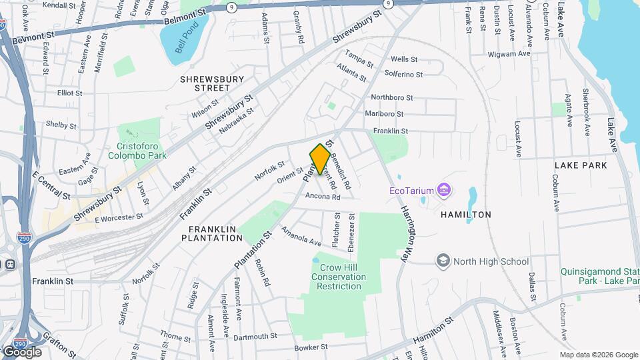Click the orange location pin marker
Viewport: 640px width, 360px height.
pos(320,159)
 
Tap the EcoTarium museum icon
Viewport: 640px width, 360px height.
pos(445,191)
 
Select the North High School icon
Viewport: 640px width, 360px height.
pos(443,261)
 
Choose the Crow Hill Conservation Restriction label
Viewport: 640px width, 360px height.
pos(340,277)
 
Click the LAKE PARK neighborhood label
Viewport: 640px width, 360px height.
pos(581,165)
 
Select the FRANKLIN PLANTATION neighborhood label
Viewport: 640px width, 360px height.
pos(211,233)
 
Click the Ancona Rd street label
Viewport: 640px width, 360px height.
pos(323,197)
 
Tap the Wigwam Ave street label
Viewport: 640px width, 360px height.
pos(509,54)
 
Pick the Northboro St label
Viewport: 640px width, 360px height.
pos(393,97)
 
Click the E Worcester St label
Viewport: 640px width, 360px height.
pos(119,217)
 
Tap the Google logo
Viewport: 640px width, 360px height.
pos(21,352)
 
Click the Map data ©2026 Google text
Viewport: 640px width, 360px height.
pos(598,355)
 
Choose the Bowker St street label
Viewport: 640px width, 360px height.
pos(311,347)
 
